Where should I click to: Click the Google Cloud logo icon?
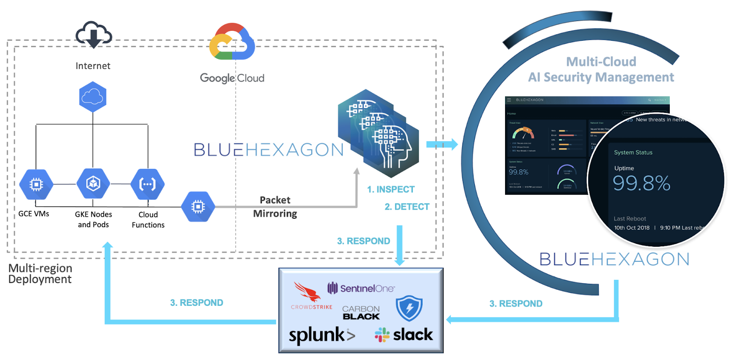click(232, 42)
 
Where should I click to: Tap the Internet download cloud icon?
click(94, 34)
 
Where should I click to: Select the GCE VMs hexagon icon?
click(36, 184)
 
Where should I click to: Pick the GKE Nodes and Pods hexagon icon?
click(93, 184)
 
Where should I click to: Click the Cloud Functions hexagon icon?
click(148, 184)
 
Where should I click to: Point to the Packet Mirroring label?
click(275, 207)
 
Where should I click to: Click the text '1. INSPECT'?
click(390, 189)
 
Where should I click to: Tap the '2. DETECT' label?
click(407, 207)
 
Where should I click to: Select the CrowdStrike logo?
click(311, 296)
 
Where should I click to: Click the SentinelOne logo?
click(361, 288)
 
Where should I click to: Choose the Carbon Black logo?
click(361, 312)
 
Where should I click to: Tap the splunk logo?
click(322, 335)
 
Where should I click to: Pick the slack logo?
click(404, 335)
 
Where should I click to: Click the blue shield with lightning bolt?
click(409, 308)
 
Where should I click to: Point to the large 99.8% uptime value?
click(641, 183)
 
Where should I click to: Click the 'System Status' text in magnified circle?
click(633, 152)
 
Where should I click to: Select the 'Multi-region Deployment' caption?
click(40, 274)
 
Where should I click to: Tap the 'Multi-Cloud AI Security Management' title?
click(601, 69)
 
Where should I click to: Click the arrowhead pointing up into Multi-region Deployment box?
click(108, 246)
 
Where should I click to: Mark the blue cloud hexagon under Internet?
click(93, 97)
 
